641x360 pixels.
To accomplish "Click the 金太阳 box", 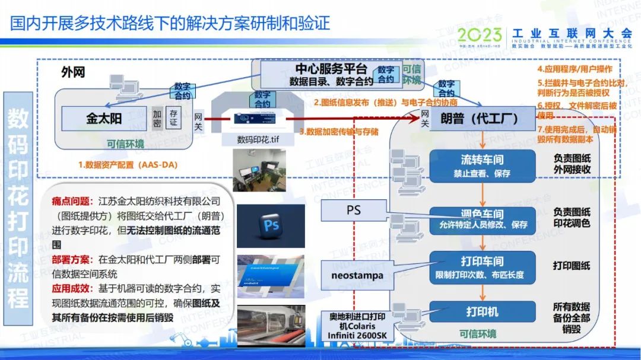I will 104,119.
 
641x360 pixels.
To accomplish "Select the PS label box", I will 353,211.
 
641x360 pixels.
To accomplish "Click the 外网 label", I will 73,72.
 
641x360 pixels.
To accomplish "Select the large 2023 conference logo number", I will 480,34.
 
